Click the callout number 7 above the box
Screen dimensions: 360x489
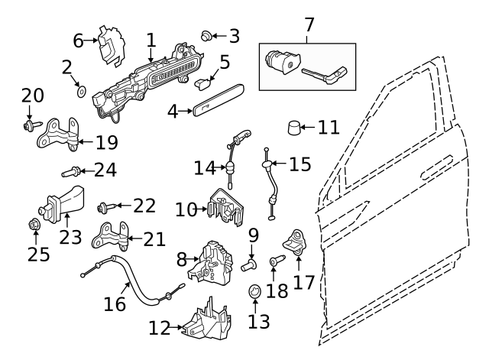[x=309, y=24]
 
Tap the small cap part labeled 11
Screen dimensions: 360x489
[x=295, y=127]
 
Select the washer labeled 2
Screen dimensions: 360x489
[x=79, y=92]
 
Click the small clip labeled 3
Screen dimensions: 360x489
[x=206, y=34]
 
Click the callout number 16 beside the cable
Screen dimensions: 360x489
[x=114, y=303]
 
